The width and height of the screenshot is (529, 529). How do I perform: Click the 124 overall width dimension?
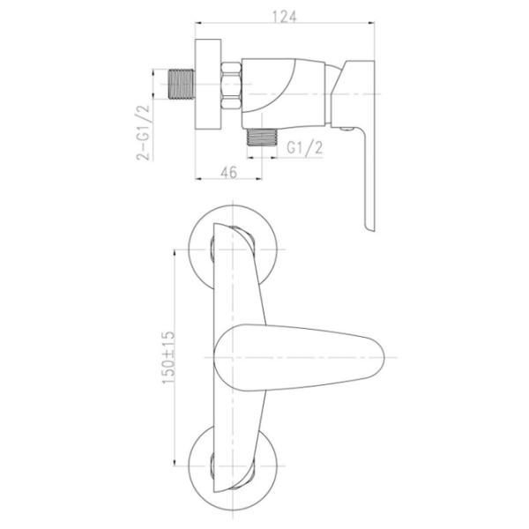pos(285,17)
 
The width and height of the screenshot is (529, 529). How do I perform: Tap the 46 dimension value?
pos(228,173)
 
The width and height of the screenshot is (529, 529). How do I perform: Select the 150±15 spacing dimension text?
pos(168,357)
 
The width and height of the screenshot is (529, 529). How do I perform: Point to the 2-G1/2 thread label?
pos(142,132)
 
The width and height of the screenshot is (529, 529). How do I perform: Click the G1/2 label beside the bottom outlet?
pos(305,147)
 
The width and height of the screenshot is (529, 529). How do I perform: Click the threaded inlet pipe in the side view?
pos(181,85)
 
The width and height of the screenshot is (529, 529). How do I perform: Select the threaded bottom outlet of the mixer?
pos(262,138)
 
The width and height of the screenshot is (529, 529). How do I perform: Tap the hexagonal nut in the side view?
pos(231,86)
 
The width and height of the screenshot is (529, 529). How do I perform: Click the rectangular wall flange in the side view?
pos(208,84)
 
